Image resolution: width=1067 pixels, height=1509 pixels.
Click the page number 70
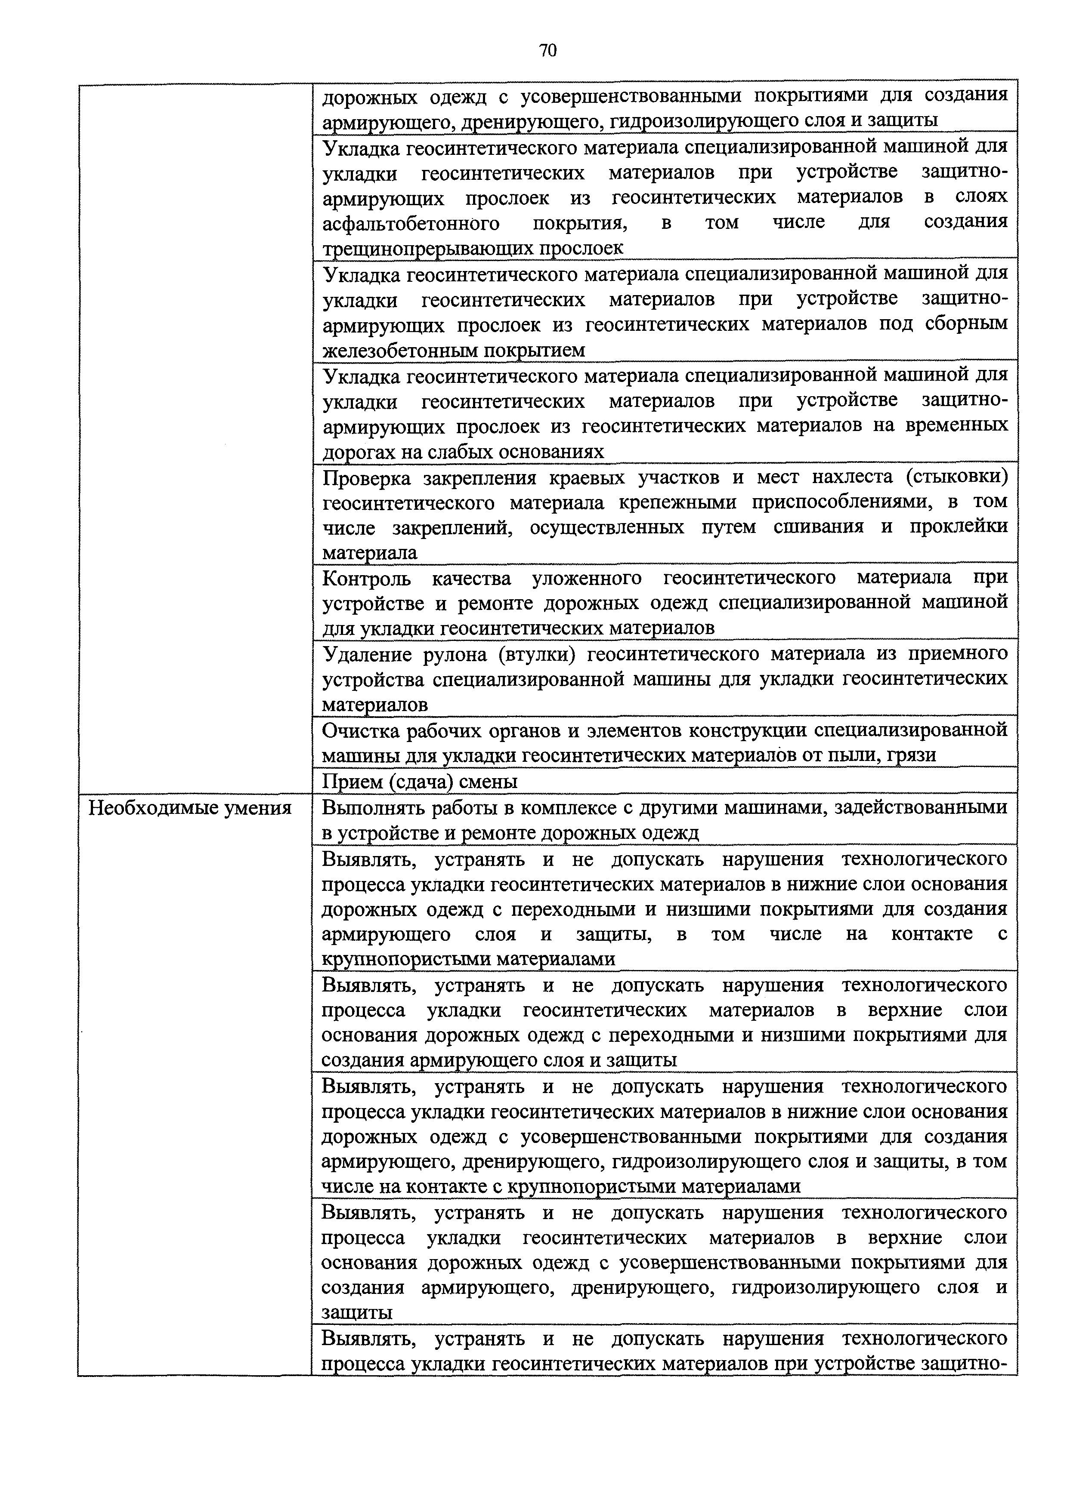pos(547,51)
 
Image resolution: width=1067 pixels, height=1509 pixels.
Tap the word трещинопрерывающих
pos(429,249)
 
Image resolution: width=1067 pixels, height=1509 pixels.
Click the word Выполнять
pos(372,807)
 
